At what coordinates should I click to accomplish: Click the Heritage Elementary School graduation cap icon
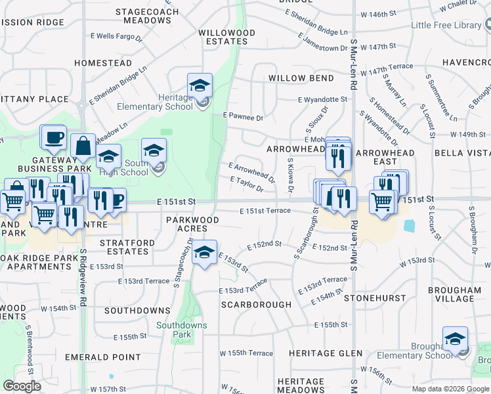click(x=200, y=85)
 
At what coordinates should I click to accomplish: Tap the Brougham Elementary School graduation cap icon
click(x=455, y=339)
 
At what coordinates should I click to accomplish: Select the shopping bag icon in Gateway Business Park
click(x=85, y=146)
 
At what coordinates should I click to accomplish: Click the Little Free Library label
click(x=446, y=26)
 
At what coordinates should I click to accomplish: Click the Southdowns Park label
click(x=181, y=330)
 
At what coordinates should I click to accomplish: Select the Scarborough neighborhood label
click(x=256, y=305)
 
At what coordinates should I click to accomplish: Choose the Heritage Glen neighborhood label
click(x=326, y=353)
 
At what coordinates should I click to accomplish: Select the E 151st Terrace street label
click(x=265, y=210)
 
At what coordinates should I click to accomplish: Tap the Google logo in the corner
click(x=22, y=386)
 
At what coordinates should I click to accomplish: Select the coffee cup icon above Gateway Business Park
click(x=53, y=137)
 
